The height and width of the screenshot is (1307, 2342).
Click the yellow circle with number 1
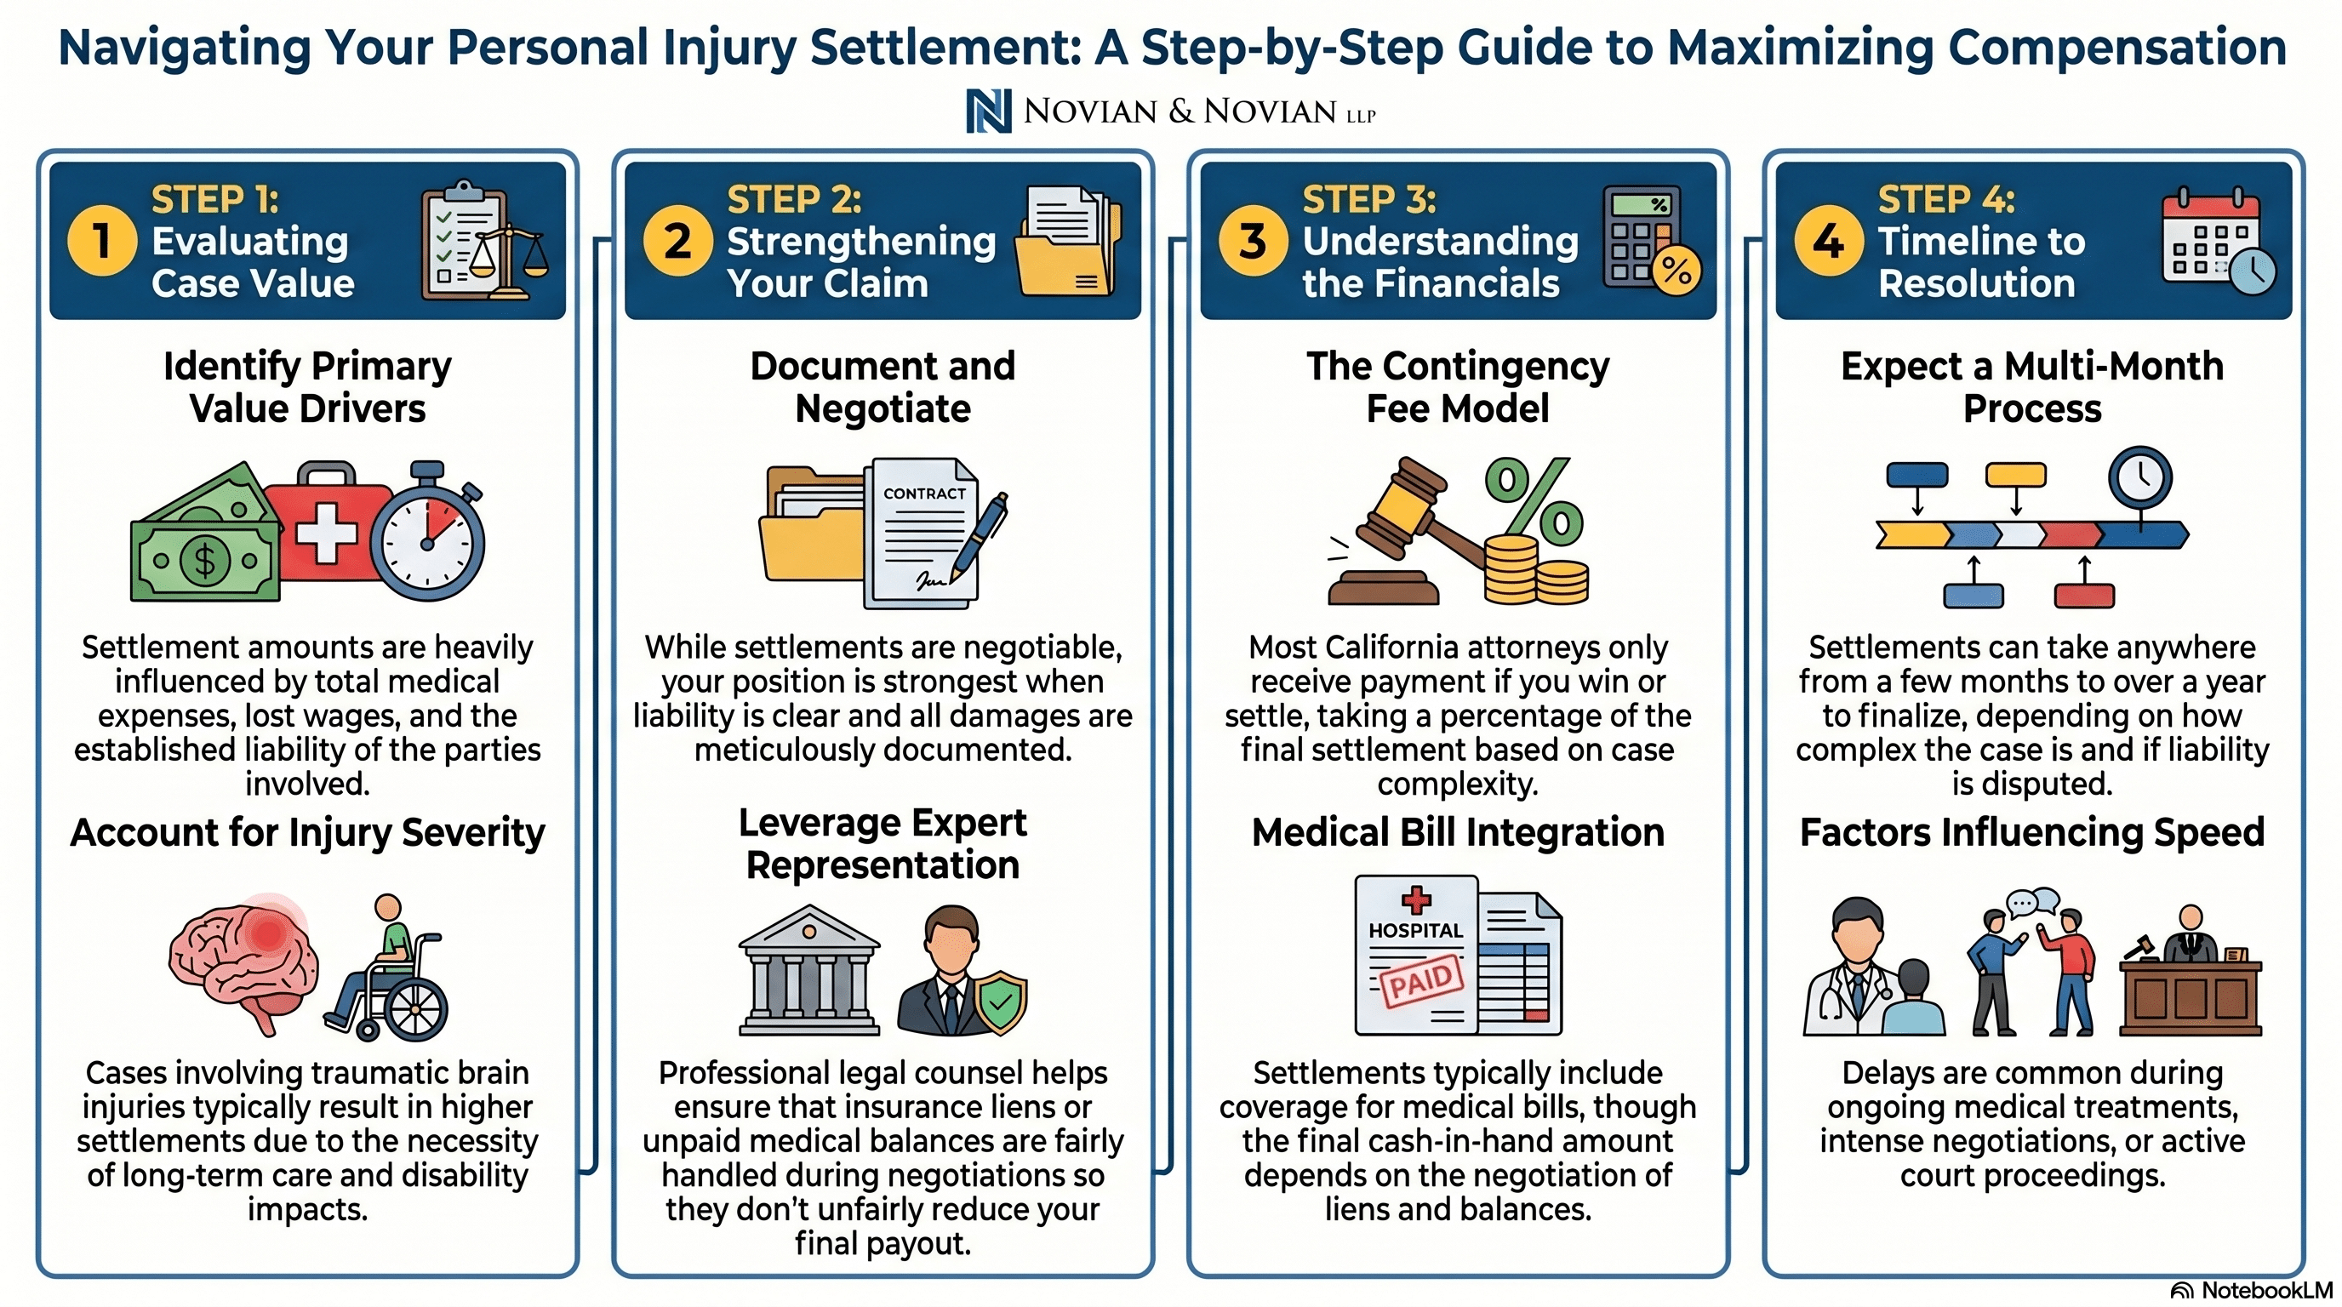coord(102,241)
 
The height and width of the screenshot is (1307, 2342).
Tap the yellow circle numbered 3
coord(1253,241)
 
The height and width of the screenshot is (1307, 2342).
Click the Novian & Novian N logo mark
coord(989,111)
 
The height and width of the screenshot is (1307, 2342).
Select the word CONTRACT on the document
coord(924,494)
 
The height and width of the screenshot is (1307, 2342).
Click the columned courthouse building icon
coord(809,970)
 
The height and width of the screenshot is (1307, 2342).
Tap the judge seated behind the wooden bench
coord(2191,935)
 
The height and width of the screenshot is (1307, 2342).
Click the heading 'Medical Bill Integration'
coord(1458,832)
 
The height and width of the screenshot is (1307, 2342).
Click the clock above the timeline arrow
coord(2140,478)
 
